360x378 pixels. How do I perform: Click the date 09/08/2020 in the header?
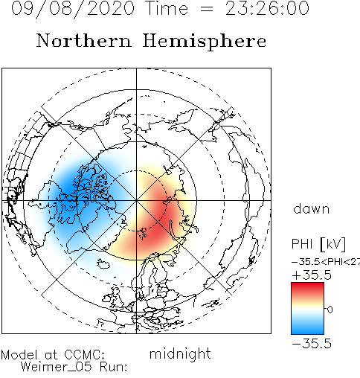73,8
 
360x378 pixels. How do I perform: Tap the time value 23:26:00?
267,8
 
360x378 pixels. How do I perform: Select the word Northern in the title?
84,40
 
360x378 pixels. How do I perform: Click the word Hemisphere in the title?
205,42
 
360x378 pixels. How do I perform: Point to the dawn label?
312,209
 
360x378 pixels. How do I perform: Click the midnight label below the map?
180,354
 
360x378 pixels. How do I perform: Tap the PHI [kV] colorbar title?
318,244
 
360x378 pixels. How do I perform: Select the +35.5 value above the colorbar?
312,275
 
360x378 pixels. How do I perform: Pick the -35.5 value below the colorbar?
312,344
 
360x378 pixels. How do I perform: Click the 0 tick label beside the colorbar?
330,310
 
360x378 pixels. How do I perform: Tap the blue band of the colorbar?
307,327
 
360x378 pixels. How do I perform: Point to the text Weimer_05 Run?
74,367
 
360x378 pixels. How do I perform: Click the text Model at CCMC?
53,355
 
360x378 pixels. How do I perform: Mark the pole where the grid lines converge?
136,200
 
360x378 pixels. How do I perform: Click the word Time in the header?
167,8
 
